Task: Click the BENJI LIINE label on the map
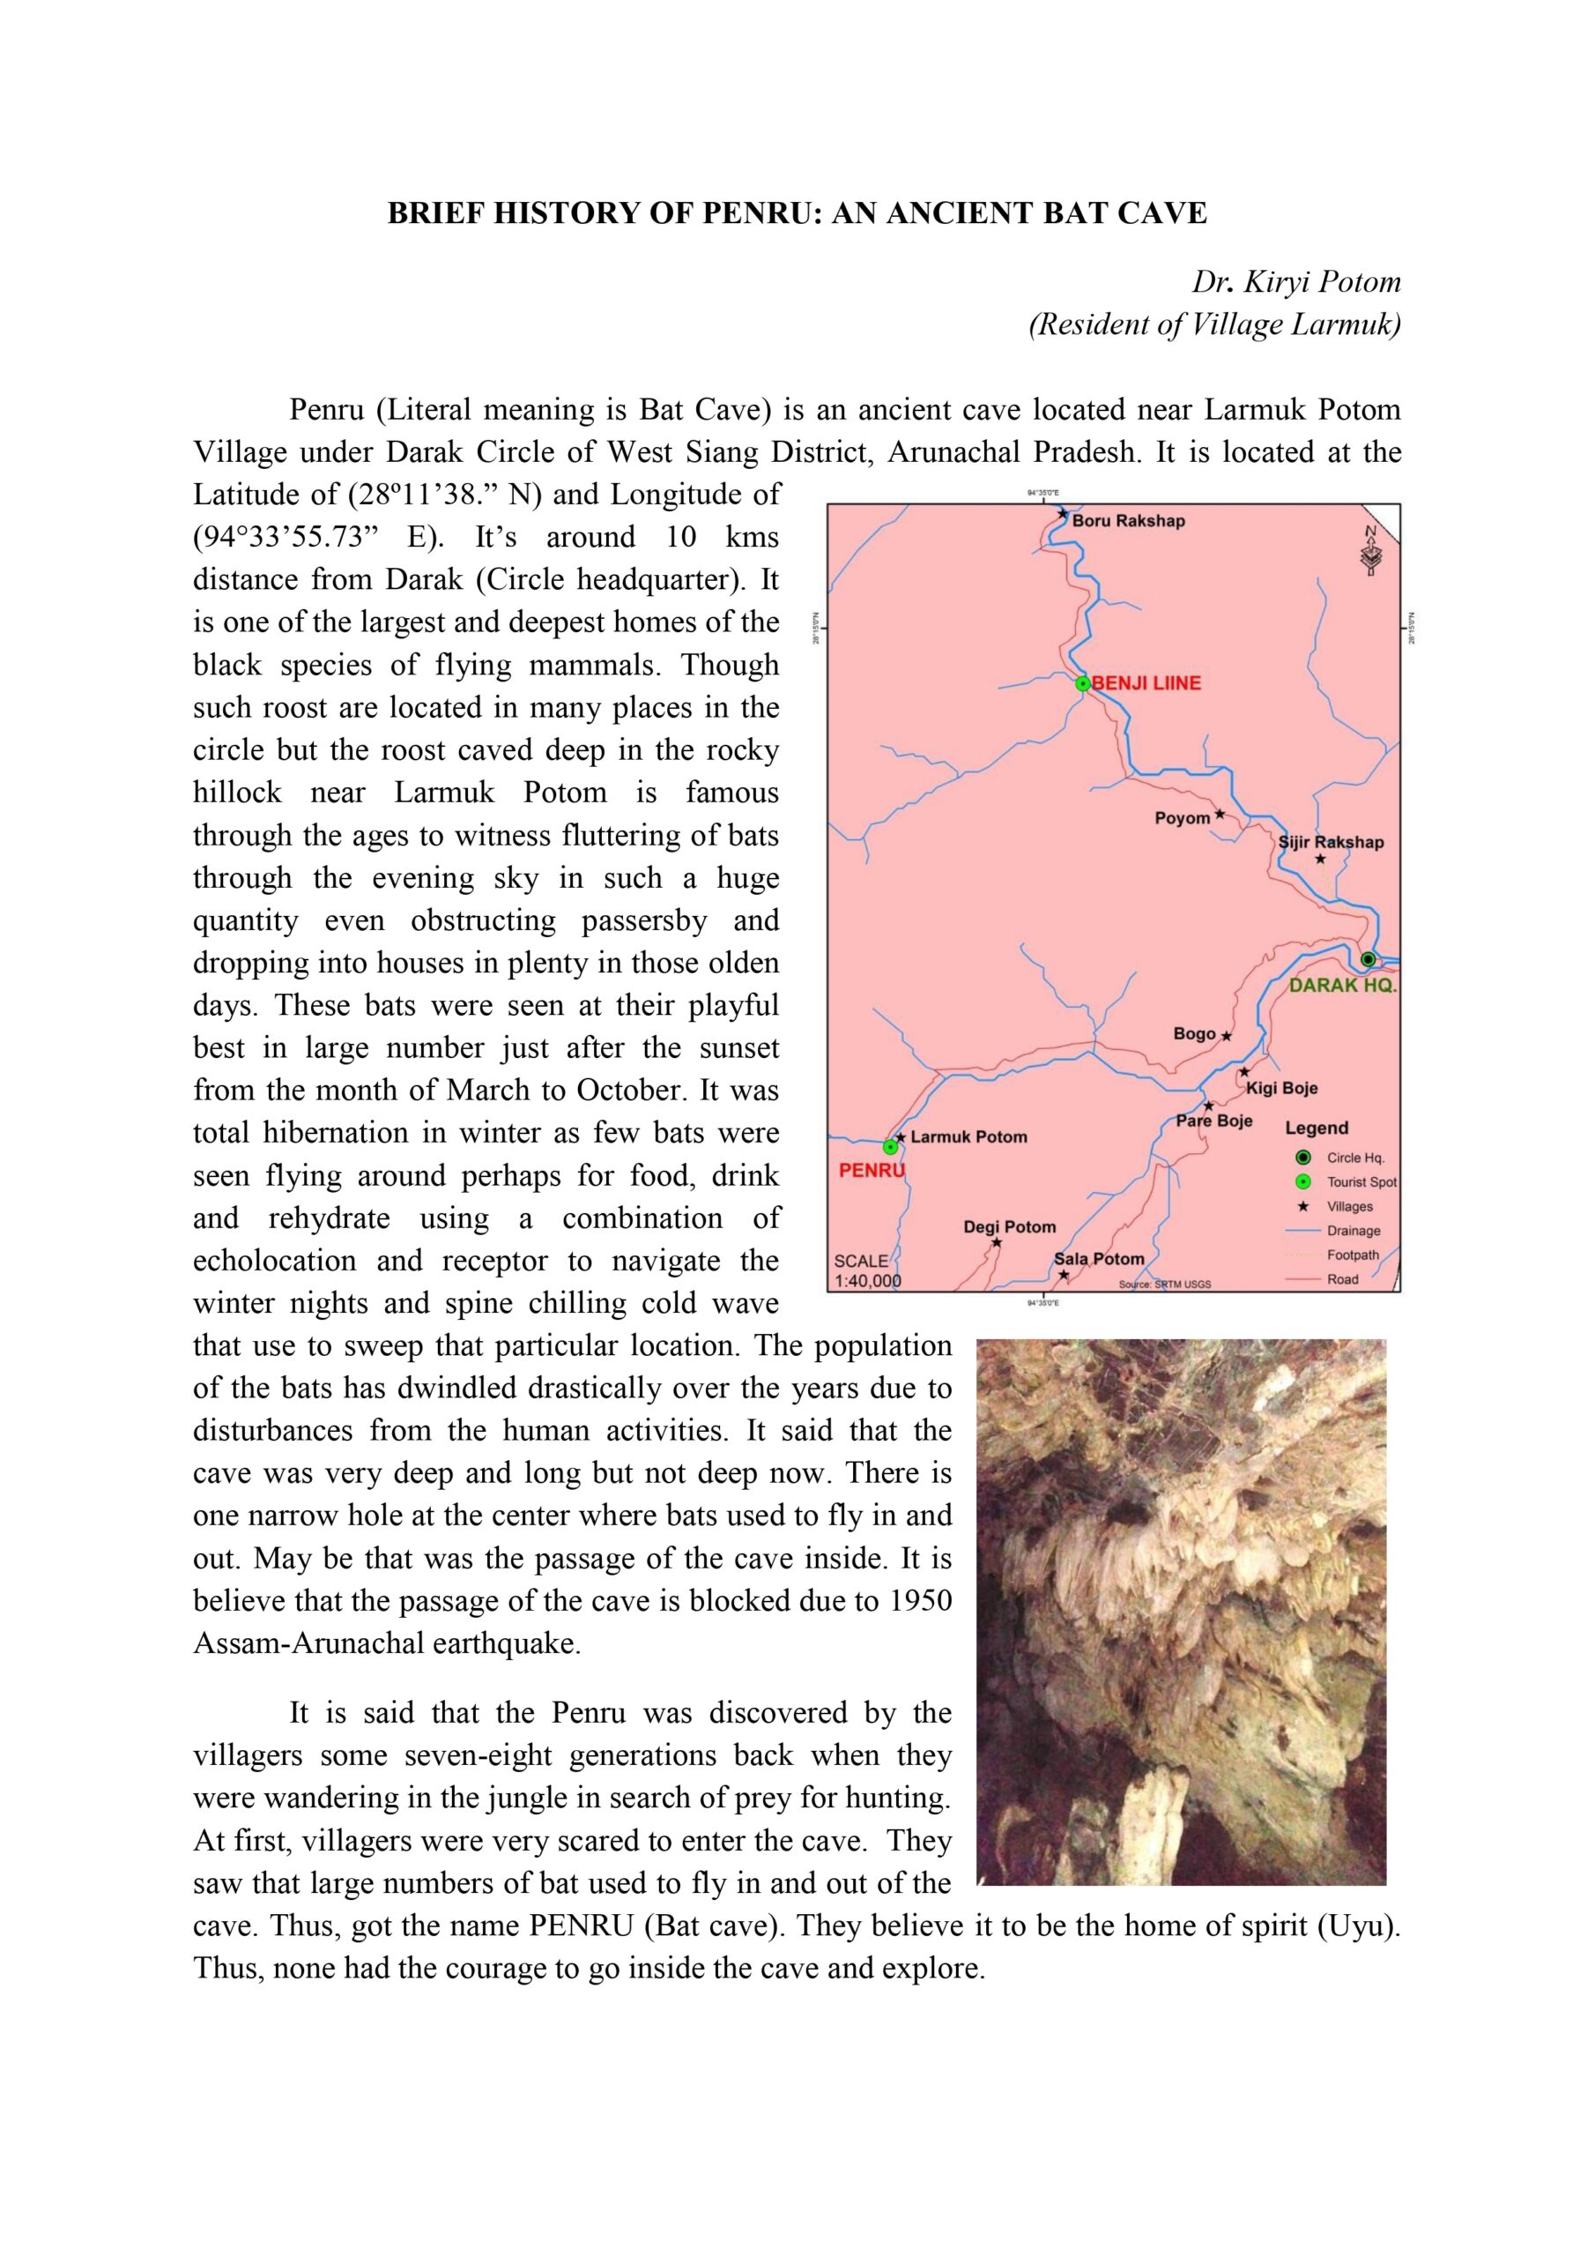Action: pos(1146,683)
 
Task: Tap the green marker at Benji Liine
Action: pos(1082,683)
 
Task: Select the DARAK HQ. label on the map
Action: pos(1341,985)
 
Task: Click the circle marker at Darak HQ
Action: pos(1368,959)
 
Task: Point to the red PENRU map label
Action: pos(871,1171)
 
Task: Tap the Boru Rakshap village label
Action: pos(1128,521)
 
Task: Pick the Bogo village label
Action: pos(1194,1033)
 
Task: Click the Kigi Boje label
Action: pos(1281,1088)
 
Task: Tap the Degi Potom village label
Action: pos(1009,1226)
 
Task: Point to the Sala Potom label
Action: pos(1099,1258)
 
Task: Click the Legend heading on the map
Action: pos(1316,1128)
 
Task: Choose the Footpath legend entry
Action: pos(1353,1255)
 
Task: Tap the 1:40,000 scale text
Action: pos(868,1281)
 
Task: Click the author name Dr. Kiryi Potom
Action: pos(1295,282)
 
